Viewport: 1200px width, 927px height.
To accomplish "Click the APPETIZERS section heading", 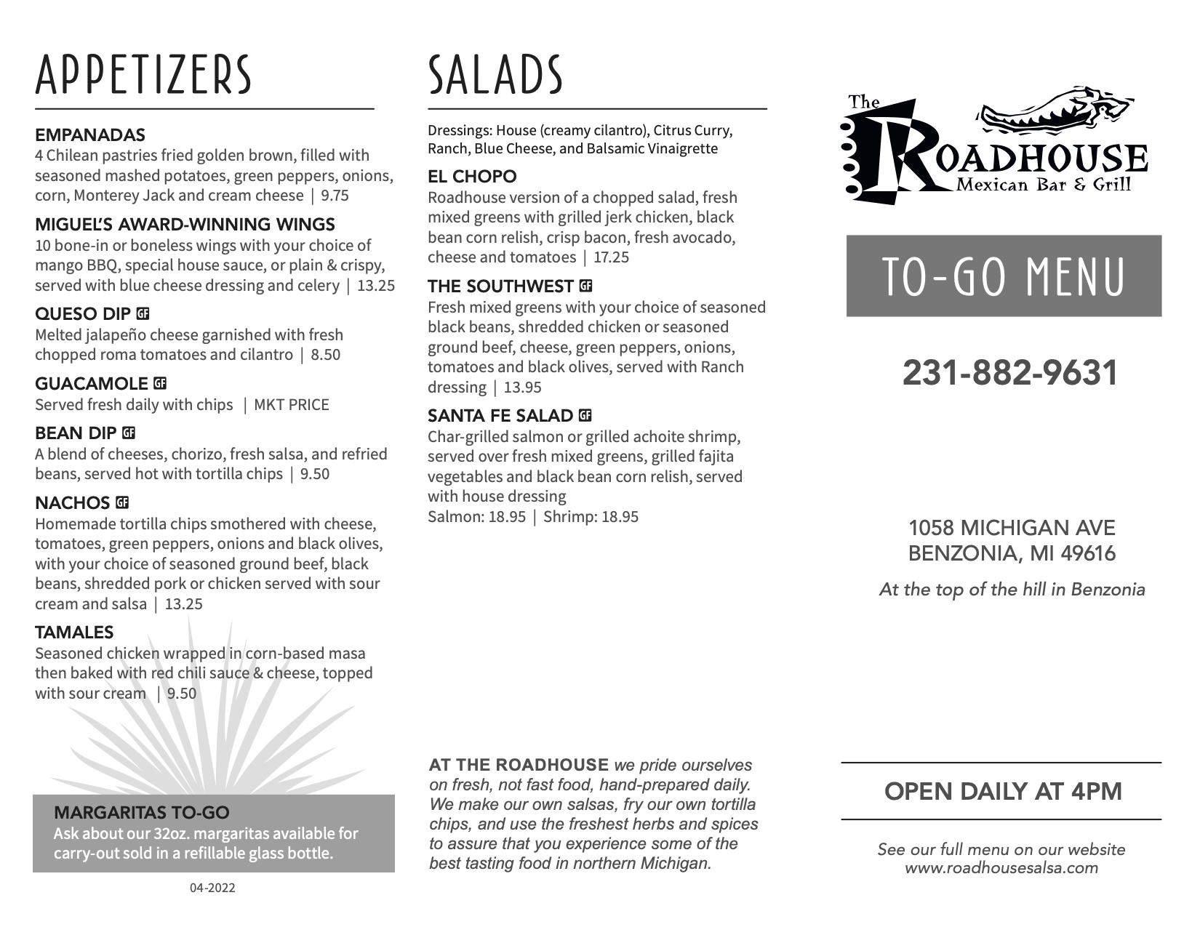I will tap(143, 75).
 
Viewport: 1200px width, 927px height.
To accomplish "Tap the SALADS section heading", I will tap(495, 75).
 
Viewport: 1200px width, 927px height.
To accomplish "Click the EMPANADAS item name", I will tap(90, 135).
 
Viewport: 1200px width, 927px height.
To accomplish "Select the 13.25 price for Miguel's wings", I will tap(376, 286).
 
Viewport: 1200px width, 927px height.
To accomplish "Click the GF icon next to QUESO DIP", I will tap(143, 314).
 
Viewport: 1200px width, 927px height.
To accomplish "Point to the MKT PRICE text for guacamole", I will tap(291, 405).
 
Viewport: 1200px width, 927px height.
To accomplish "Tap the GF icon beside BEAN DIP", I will tap(129, 433).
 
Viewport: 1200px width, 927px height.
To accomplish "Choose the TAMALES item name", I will tap(74, 632).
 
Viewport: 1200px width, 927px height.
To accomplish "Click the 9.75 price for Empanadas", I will tap(335, 196).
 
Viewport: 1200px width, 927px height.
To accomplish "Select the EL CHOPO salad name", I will tap(472, 177).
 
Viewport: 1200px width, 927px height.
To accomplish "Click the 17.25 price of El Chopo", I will tap(611, 257).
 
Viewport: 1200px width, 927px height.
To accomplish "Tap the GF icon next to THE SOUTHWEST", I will tap(585, 286).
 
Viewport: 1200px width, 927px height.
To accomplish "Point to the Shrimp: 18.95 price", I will tap(591, 517).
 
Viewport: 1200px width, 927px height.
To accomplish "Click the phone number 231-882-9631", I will tap(1009, 373).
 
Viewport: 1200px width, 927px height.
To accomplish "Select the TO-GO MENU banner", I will tap(1004, 276).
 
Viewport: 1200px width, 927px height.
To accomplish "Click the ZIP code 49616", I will tap(1088, 554).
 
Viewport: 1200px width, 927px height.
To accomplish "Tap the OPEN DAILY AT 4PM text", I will tap(1003, 791).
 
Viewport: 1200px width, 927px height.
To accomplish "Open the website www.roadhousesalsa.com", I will tap(1001, 867).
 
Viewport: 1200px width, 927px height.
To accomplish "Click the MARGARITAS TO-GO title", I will tap(142, 812).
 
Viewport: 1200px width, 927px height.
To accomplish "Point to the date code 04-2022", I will tap(212, 888).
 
